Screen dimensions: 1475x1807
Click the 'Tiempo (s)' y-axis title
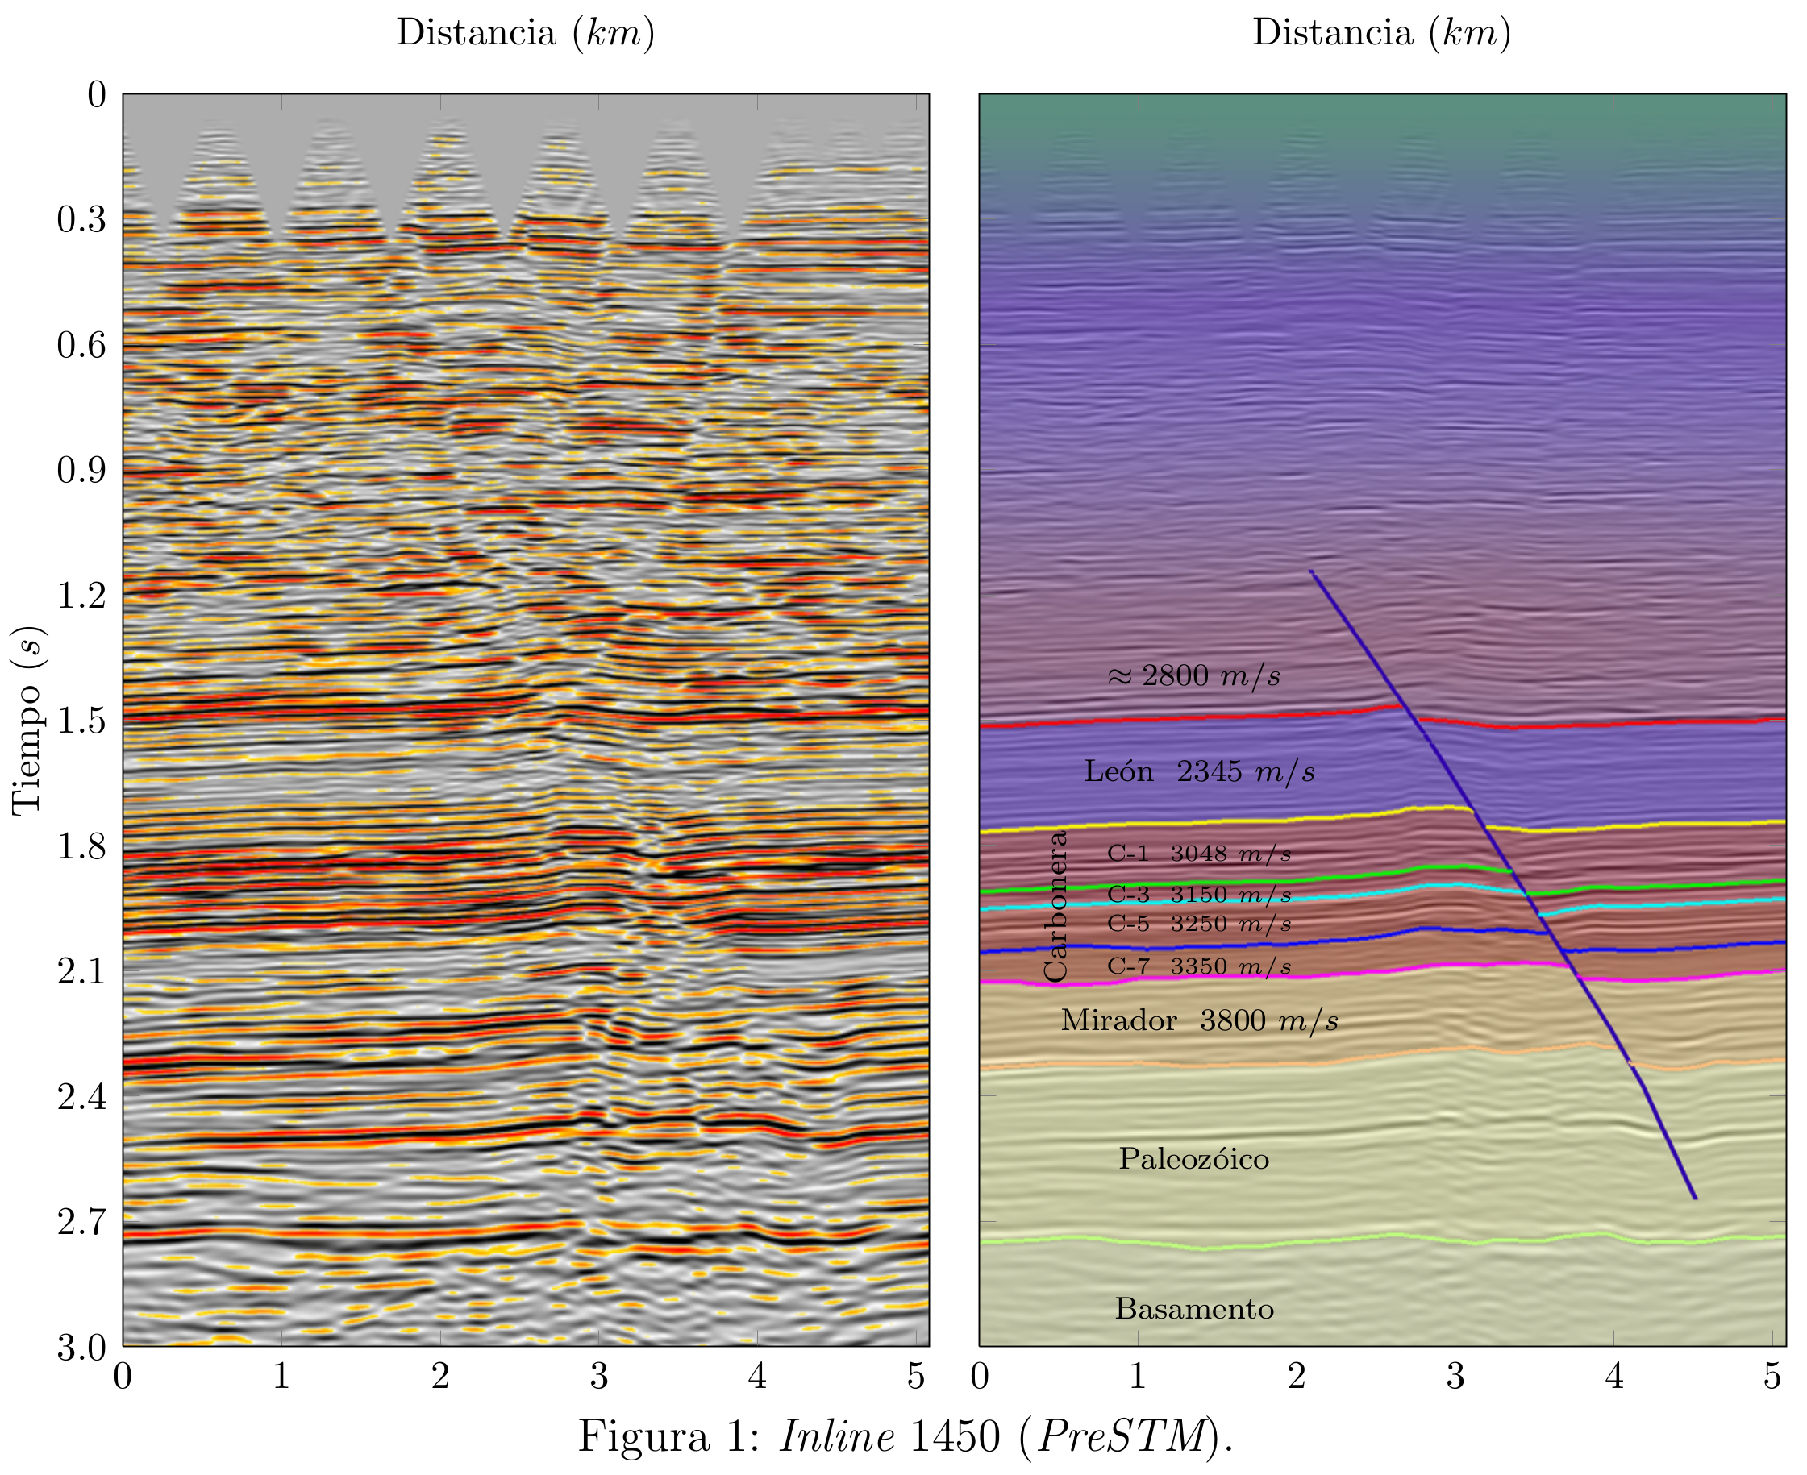click(x=27, y=721)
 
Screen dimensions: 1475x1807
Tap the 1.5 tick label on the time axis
click(x=81, y=721)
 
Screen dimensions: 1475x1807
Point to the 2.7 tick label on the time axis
click(x=81, y=1222)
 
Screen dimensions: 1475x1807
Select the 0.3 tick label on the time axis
click(x=81, y=219)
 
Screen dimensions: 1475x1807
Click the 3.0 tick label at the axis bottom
click(x=81, y=1348)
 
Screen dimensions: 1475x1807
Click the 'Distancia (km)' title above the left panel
click(x=525, y=33)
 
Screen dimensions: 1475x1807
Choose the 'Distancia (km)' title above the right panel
click(x=1381, y=33)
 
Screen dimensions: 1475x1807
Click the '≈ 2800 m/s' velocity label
click(x=1194, y=675)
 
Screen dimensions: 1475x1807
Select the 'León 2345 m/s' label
click(x=1199, y=771)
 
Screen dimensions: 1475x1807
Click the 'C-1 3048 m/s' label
click(x=1198, y=854)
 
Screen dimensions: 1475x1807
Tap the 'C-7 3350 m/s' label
click(x=1198, y=966)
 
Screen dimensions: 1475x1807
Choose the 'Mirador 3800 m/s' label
click(x=1199, y=1020)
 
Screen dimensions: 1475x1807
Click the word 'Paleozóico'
click(x=1193, y=1159)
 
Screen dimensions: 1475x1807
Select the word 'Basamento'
click(x=1194, y=1309)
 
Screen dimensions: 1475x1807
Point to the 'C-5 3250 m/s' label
click(x=1198, y=924)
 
